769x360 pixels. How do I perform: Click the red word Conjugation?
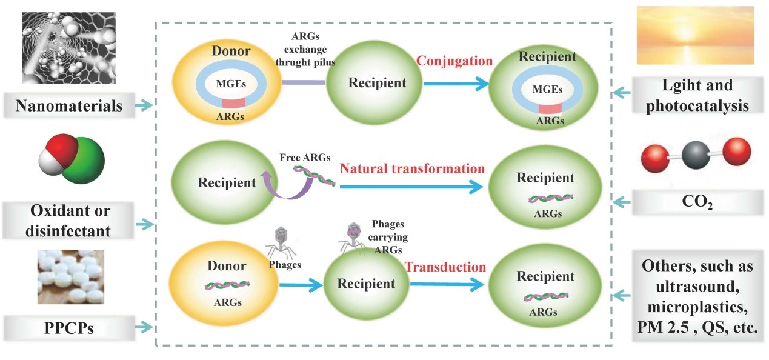point(454,61)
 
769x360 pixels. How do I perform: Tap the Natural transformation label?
point(412,169)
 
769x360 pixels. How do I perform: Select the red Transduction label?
point(445,267)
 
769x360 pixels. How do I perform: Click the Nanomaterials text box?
point(69,105)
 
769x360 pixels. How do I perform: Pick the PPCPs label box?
point(69,328)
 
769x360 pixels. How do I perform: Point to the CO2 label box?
point(697,202)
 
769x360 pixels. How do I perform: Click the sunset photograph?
point(696,35)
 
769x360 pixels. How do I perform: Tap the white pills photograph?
point(71,276)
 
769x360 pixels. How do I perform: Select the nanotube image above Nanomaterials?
point(69,48)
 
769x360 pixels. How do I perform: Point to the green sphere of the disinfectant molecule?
point(84,161)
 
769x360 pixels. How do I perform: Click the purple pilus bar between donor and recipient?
point(303,82)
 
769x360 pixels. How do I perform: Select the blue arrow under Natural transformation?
point(411,187)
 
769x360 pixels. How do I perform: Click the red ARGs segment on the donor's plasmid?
point(233,103)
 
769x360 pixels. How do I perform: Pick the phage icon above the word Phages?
point(281,244)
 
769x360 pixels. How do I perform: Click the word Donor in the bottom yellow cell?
point(227,266)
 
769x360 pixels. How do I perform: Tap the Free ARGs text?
point(305,158)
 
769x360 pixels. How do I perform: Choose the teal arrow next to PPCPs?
point(144,327)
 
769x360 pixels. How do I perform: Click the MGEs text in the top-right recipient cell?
point(547,90)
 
